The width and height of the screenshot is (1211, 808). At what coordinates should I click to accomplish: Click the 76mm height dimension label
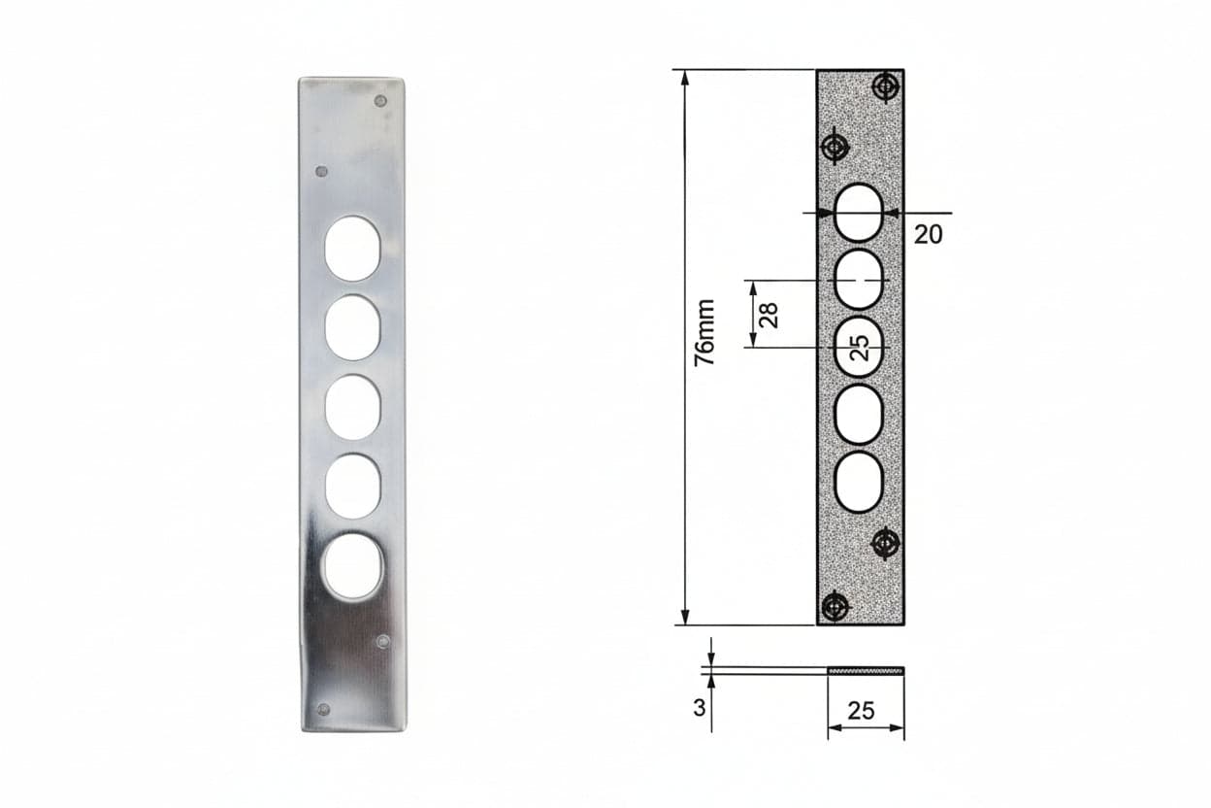pos(705,332)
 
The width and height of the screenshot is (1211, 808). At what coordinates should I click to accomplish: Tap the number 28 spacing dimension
pos(769,315)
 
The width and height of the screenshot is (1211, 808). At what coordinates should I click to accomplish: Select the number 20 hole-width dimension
pos(929,234)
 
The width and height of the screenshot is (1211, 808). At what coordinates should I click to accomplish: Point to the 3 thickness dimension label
pos(700,708)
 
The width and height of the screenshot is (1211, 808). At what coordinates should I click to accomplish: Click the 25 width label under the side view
pos(861,711)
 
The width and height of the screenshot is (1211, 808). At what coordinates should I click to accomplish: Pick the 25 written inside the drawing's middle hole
pos(860,348)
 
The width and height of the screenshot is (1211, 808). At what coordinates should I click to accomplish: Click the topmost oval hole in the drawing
pos(859,213)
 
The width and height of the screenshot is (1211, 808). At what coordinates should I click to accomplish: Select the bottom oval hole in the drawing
pos(859,483)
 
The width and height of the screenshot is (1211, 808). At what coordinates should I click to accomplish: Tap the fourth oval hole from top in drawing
pos(859,415)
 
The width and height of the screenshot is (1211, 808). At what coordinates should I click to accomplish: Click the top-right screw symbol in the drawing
pos(886,86)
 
